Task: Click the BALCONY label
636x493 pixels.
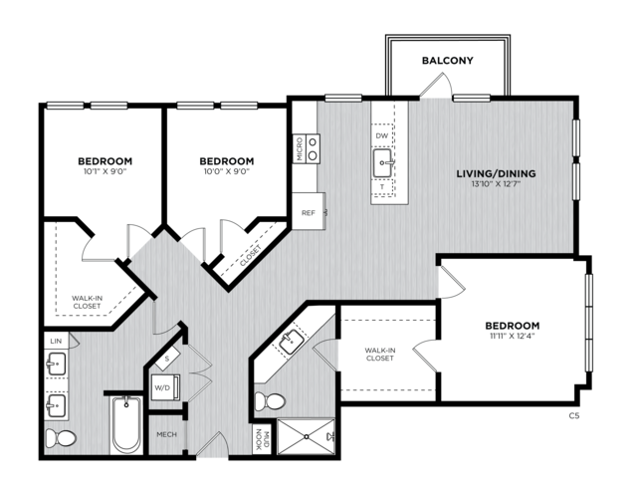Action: pos(448,61)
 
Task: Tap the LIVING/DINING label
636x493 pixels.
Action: pos(496,173)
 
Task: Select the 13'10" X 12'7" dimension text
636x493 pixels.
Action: pos(496,184)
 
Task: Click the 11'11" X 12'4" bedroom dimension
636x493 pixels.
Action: pos(513,336)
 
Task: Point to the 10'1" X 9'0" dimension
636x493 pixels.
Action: pos(106,171)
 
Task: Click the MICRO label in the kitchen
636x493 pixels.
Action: pos(300,149)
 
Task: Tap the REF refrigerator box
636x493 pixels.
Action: pos(309,211)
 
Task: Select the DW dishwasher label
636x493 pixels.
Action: pos(381,135)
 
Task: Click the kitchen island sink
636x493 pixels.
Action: pos(383,162)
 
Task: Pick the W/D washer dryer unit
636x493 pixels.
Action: pos(165,387)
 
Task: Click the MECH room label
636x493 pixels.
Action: pos(166,434)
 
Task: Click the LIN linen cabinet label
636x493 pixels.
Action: pos(56,341)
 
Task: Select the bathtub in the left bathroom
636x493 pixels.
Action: pos(126,425)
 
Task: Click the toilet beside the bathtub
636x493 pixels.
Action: pos(61,438)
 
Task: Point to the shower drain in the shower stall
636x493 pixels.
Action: pos(307,436)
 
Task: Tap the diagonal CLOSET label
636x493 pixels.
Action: pos(251,256)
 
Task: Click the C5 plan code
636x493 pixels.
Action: pos(574,415)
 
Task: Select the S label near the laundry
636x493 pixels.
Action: pos(167,359)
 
